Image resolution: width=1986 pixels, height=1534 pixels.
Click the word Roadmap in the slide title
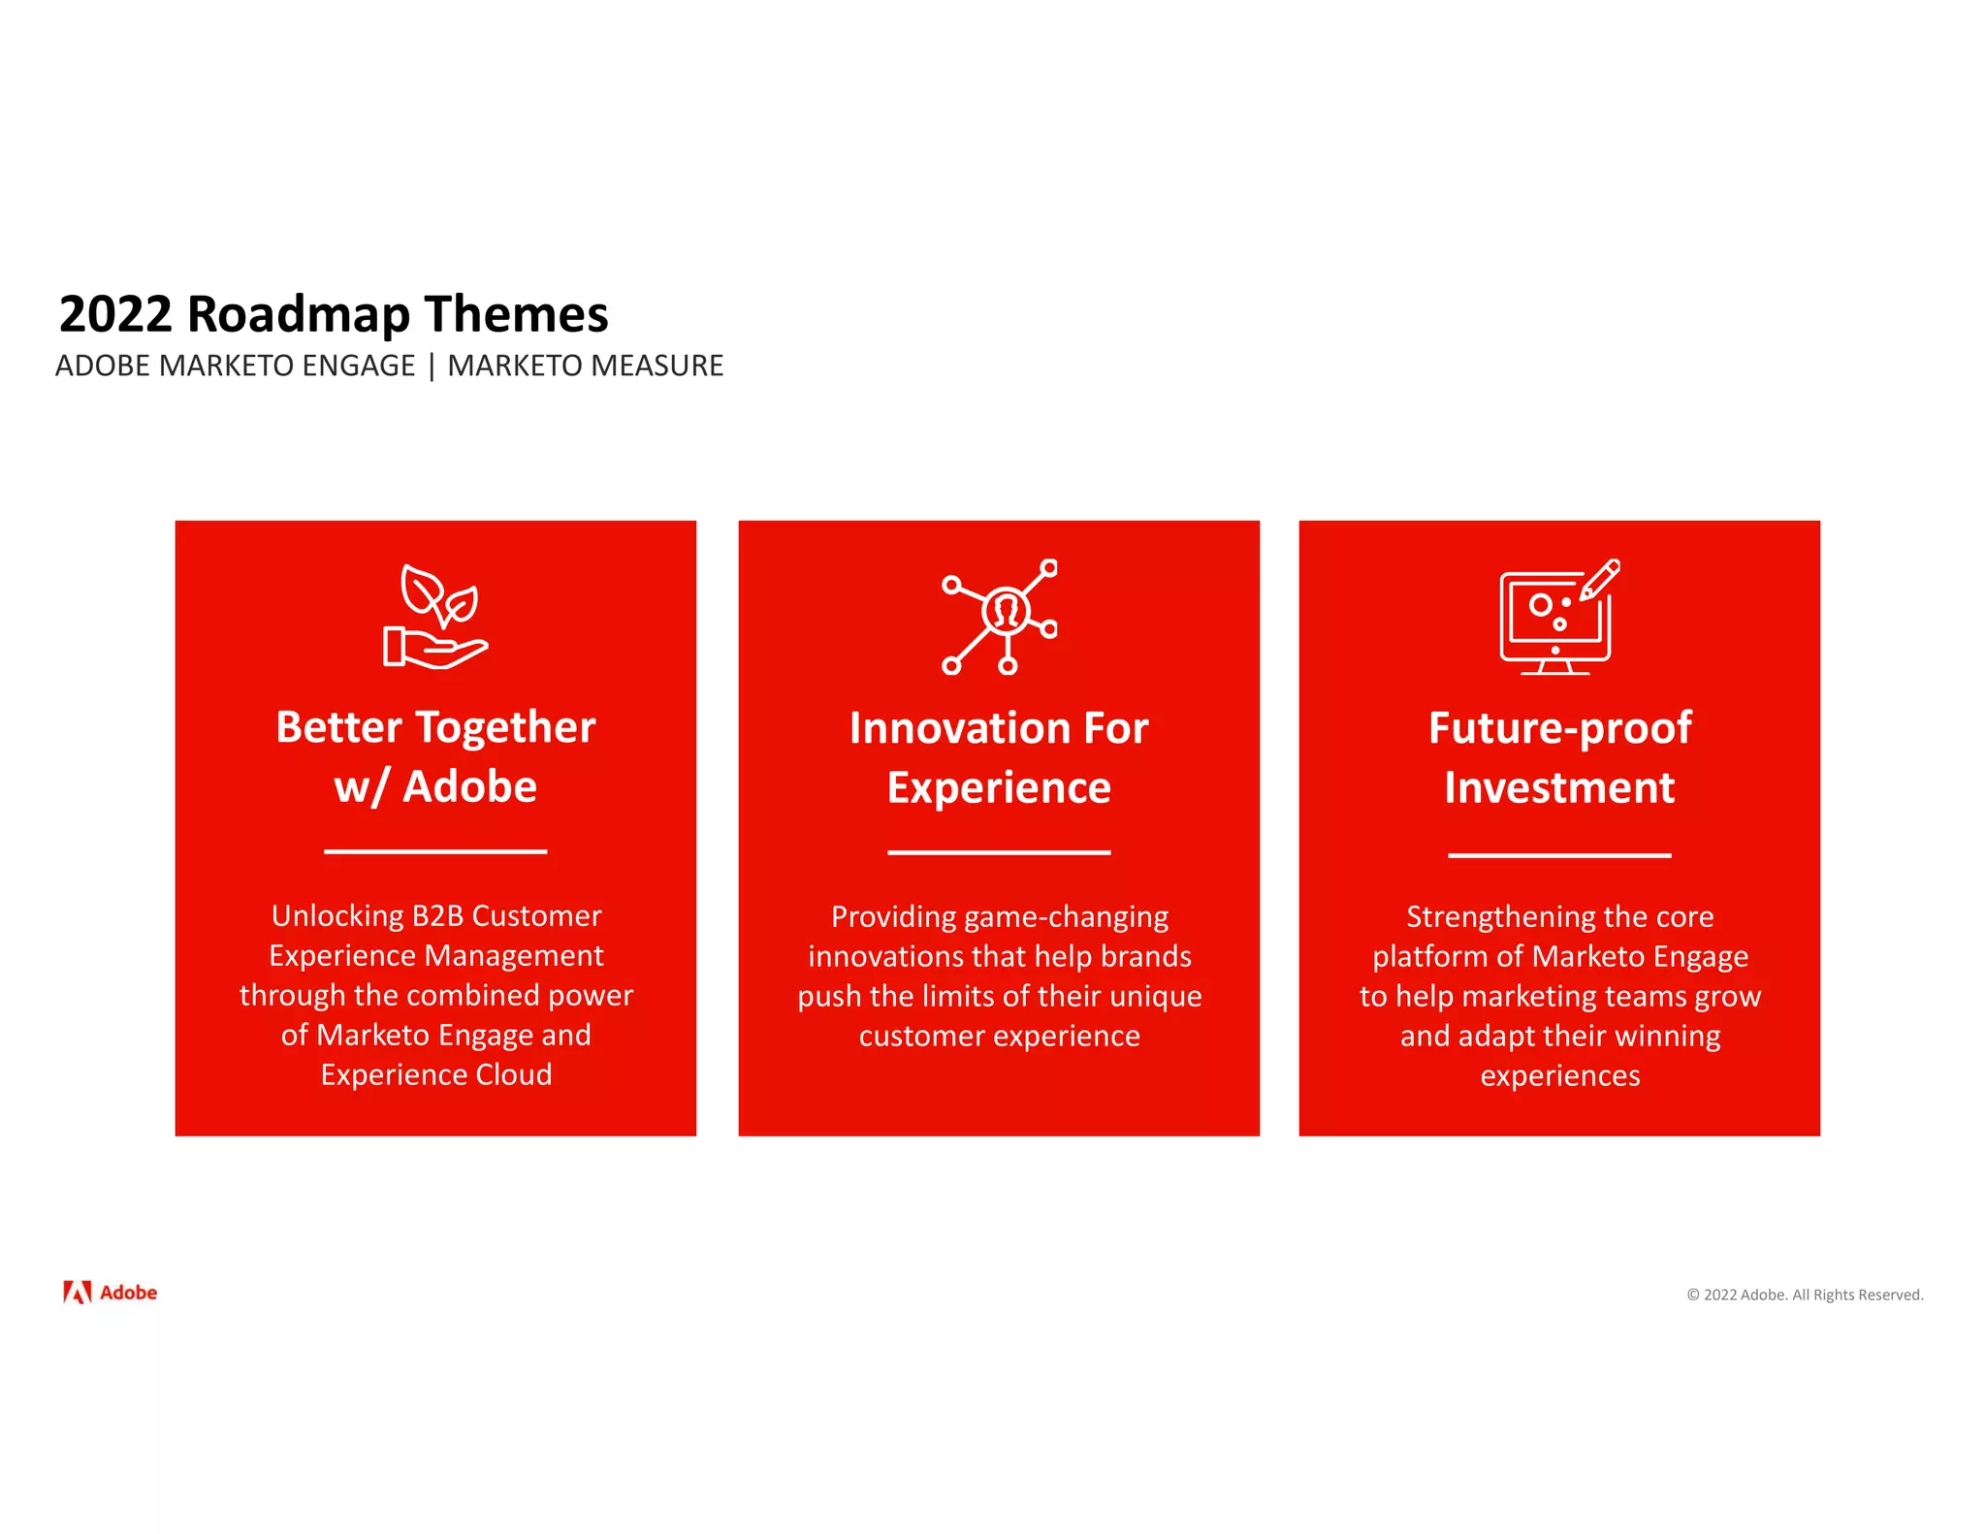(x=298, y=315)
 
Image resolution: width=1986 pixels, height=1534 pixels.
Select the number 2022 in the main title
(x=115, y=315)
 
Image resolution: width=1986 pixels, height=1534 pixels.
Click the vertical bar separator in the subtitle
(x=432, y=367)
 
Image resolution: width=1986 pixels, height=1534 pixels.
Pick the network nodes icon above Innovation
(x=1000, y=617)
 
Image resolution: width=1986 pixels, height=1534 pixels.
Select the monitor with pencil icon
(x=1559, y=617)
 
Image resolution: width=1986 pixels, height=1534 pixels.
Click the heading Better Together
(x=435, y=727)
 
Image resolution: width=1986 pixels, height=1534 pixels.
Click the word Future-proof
(x=1559, y=728)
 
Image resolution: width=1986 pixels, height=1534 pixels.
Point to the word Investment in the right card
(x=1559, y=787)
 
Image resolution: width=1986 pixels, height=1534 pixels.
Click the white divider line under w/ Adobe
(x=435, y=851)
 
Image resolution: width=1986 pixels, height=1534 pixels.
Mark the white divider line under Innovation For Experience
(x=999, y=852)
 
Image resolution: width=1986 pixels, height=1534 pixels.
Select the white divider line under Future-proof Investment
(x=1559, y=855)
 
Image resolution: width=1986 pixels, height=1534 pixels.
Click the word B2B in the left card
(x=437, y=915)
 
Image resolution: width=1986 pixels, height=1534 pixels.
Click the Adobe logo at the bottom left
(x=110, y=1293)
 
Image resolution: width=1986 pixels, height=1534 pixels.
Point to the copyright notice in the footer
(x=1805, y=1294)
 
